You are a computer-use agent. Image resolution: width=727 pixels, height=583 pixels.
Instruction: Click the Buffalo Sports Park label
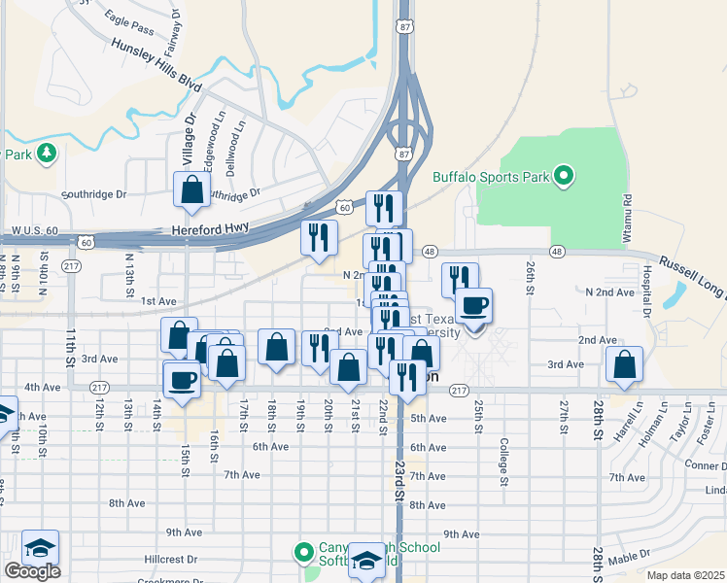[489, 178]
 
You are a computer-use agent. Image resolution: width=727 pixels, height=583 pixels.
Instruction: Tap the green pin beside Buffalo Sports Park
[563, 177]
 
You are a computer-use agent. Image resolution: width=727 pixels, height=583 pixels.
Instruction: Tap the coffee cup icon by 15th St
[182, 378]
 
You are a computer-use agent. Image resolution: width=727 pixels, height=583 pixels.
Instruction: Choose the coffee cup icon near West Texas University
[473, 305]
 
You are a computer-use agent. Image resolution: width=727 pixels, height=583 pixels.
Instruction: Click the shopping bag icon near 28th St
[624, 364]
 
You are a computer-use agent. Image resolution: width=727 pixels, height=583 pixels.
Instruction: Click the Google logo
[32, 571]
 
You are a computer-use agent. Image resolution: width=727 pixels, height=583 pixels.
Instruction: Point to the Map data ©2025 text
[685, 575]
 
